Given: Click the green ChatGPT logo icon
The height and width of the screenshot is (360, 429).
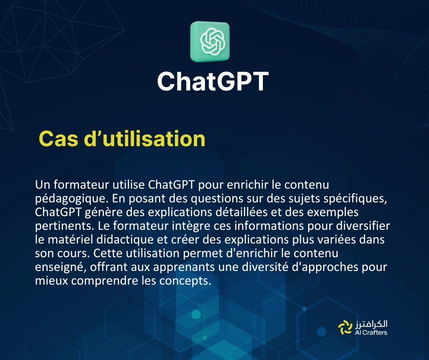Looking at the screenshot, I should click(210, 42).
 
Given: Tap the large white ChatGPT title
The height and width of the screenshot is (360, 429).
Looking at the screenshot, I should click(212, 81).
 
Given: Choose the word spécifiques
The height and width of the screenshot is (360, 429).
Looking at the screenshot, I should click(353, 199).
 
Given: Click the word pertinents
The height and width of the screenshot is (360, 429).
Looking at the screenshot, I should click(59, 227).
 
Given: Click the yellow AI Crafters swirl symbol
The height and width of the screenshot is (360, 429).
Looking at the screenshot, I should click(344, 328).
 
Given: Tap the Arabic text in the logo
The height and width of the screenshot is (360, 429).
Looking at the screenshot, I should click(371, 323).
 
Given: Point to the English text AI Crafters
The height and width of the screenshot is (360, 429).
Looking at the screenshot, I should click(371, 333).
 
